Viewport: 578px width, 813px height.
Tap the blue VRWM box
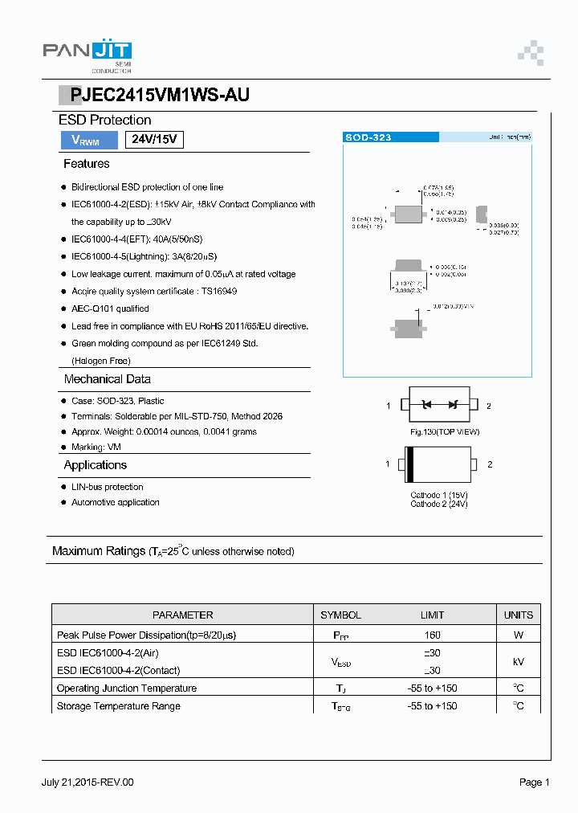[x=87, y=140]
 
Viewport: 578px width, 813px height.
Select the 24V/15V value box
[x=154, y=140]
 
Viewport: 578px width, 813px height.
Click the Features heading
[x=87, y=164]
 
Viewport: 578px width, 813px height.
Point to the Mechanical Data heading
[x=107, y=379]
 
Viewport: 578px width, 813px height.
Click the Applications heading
[x=95, y=465]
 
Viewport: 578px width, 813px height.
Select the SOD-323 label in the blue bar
[x=368, y=137]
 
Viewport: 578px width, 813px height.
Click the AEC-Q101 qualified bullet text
[x=110, y=308]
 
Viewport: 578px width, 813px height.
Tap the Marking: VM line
[x=96, y=447]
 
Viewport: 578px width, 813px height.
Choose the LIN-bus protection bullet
[x=107, y=487]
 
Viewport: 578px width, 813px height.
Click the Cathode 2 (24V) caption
[x=438, y=504]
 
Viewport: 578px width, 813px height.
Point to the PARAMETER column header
[x=182, y=615]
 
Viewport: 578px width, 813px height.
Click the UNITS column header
[x=518, y=615]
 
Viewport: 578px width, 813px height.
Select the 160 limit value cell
[x=432, y=635]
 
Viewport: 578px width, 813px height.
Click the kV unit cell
[x=518, y=661]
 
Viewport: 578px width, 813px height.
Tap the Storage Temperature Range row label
[x=118, y=706]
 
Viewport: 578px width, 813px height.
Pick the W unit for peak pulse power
[x=518, y=635]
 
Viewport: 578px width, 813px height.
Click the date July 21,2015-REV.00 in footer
[x=88, y=782]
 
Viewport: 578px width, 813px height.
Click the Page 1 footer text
[x=534, y=782]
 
